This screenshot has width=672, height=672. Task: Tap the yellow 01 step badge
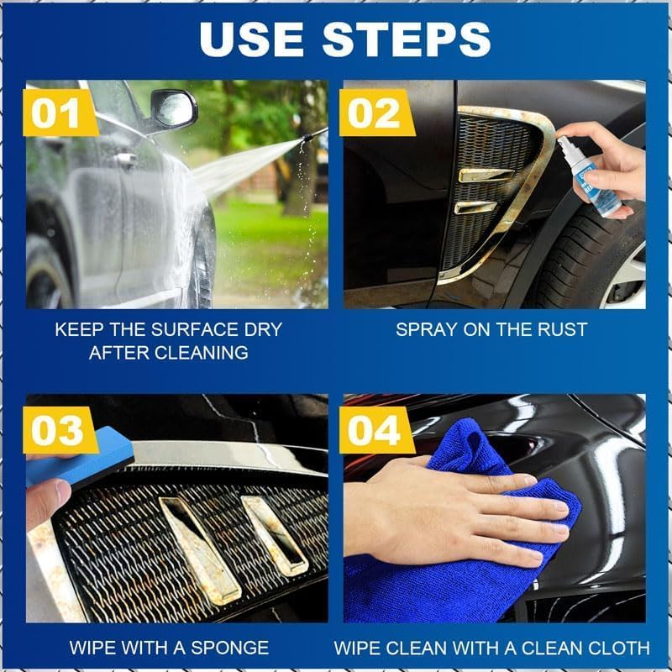pyautogui.click(x=59, y=113)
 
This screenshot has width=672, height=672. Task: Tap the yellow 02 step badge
pyautogui.click(x=375, y=113)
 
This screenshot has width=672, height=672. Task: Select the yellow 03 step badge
pyautogui.click(x=59, y=429)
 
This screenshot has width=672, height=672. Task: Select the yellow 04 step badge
pyautogui.click(x=375, y=429)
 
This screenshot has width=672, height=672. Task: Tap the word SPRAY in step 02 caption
pyautogui.click(x=426, y=329)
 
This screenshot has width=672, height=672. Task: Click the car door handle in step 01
pyautogui.click(x=126, y=160)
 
